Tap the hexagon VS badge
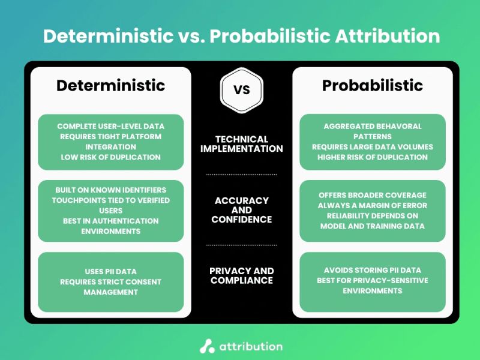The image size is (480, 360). coord(241,90)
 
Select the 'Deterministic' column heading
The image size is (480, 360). coord(110,86)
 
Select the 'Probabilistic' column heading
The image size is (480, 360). coord(372,86)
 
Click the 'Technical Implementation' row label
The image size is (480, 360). coord(241,144)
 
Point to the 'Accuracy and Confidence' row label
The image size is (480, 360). coord(241,210)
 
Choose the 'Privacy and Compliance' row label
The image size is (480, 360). coord(241,275)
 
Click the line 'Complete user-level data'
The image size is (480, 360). coord(110,127)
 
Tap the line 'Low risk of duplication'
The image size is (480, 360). coord(110,157)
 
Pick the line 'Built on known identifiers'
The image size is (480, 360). coord(110,190)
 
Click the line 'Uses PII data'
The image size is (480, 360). coord(110,272)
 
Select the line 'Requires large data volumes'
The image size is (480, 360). coord(372,147)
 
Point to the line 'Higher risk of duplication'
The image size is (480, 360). coord(372,157)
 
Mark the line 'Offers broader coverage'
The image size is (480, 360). coord(372,195)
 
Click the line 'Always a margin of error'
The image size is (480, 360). coord(372,205)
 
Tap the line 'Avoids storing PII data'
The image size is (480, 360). coord(372,270)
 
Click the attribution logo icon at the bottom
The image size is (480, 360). coord(207,346)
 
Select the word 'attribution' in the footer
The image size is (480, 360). coord(250,346)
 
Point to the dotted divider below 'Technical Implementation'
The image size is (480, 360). coord(241,175)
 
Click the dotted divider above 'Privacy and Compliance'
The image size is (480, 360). coord(241,245)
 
